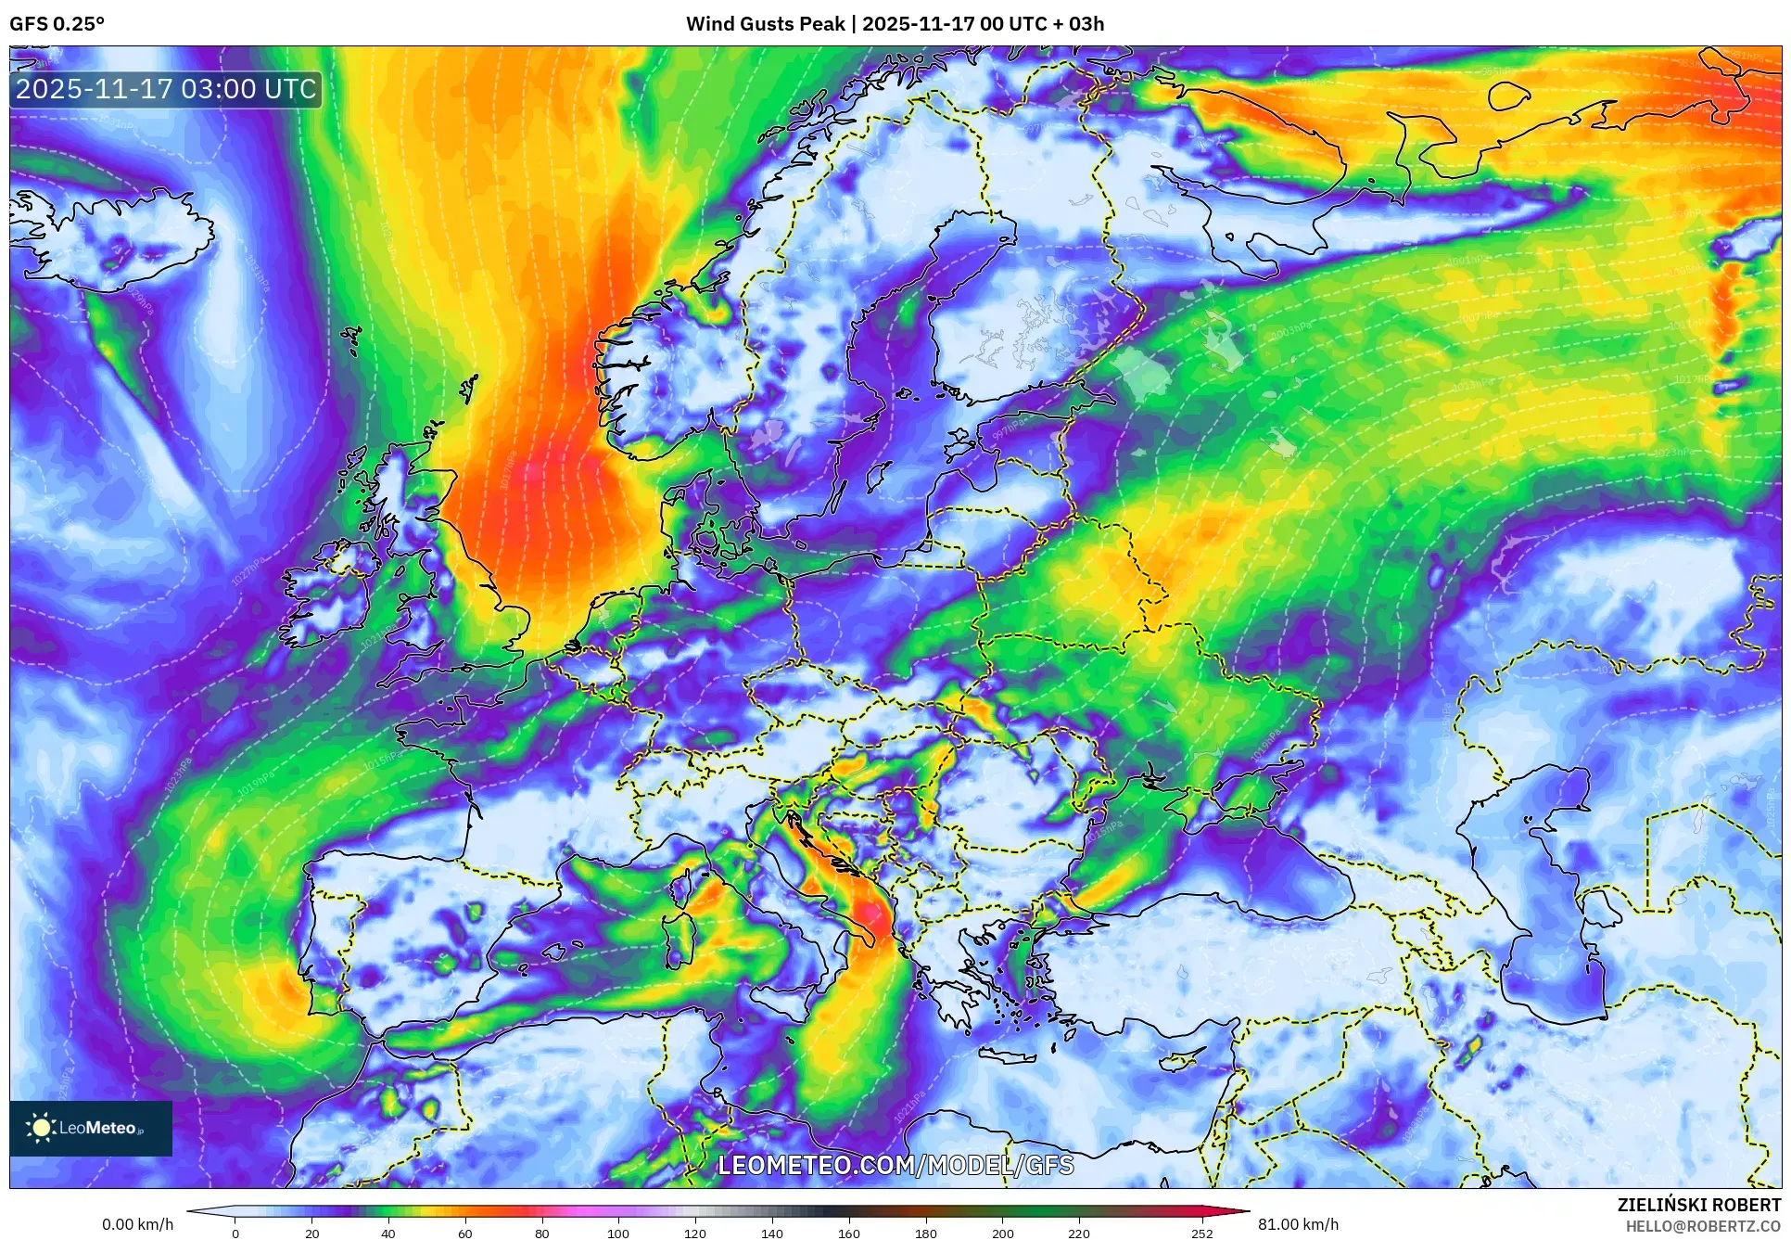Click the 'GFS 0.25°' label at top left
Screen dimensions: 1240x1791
(57, 24)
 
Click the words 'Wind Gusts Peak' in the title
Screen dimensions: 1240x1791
(765, 24)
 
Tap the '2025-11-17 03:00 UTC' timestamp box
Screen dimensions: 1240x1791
(166, 89)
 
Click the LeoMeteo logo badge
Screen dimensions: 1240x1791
(91, 1128)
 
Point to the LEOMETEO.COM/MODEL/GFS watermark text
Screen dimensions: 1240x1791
(895, 1165)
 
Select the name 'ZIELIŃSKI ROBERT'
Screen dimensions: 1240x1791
(1699, 1205)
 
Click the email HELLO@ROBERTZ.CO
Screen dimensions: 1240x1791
(1703, 1226)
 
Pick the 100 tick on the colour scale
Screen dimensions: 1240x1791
(617, 1233)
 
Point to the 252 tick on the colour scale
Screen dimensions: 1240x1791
(1201, 1233)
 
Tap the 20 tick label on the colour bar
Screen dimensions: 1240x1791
(312, 1233)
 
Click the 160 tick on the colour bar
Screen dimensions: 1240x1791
(848, 1233)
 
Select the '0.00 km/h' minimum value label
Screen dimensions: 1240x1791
(137, 1224)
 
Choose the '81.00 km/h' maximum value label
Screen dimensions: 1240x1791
(1298, 1224)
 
